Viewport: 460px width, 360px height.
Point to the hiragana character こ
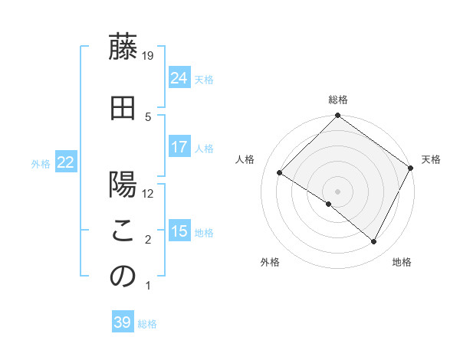coord(123,232)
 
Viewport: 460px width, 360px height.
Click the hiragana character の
coord(123,277)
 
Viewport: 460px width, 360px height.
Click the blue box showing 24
coord(179,78)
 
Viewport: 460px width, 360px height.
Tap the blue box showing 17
coord(179,147)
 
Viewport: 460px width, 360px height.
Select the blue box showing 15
coord(179,231)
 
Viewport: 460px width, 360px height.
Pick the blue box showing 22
coord(66,162)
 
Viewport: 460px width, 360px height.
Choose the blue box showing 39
coord(123,322)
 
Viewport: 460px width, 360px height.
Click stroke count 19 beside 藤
coord(149,55)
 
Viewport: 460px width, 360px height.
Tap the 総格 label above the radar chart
coord(338,100)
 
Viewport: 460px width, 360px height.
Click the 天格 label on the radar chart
coord(431,159)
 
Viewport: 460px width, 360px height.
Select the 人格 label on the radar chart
coord(245,159)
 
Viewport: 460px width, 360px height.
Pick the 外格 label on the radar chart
coord(270,263)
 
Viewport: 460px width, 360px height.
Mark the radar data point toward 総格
coord(338,116)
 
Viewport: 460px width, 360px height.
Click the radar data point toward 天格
coord(410,168)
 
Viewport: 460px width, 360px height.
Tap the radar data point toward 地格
coord(374,242)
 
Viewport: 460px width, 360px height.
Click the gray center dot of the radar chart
coord(338,191)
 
